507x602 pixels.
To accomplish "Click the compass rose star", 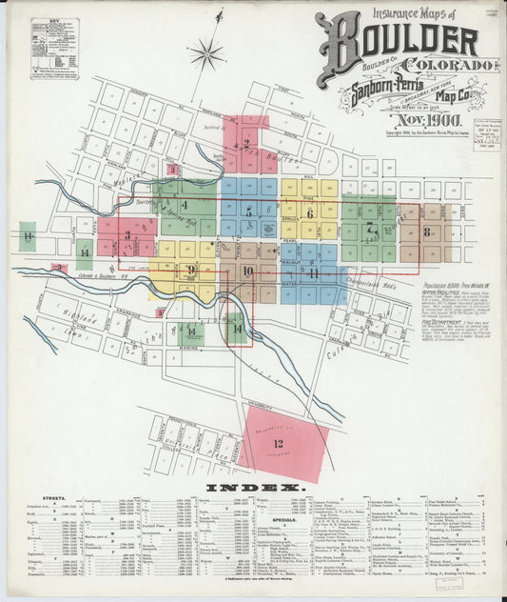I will coord(205,54).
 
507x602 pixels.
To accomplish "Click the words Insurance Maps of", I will coord(412,12).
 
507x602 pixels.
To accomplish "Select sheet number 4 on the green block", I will coord(185,205).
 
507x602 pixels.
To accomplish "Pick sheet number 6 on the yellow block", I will coord(310,213).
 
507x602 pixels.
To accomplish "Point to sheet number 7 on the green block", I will coord(369,228).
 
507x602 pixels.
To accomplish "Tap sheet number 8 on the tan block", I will coord(427,231).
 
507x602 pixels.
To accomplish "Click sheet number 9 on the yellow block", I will coord(191,270).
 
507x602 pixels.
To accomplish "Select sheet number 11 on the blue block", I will coord(312,273).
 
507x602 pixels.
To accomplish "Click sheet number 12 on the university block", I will coord(278,444).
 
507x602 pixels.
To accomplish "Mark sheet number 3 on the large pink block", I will coord(127,234).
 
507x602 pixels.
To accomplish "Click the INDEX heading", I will coord(255,489).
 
